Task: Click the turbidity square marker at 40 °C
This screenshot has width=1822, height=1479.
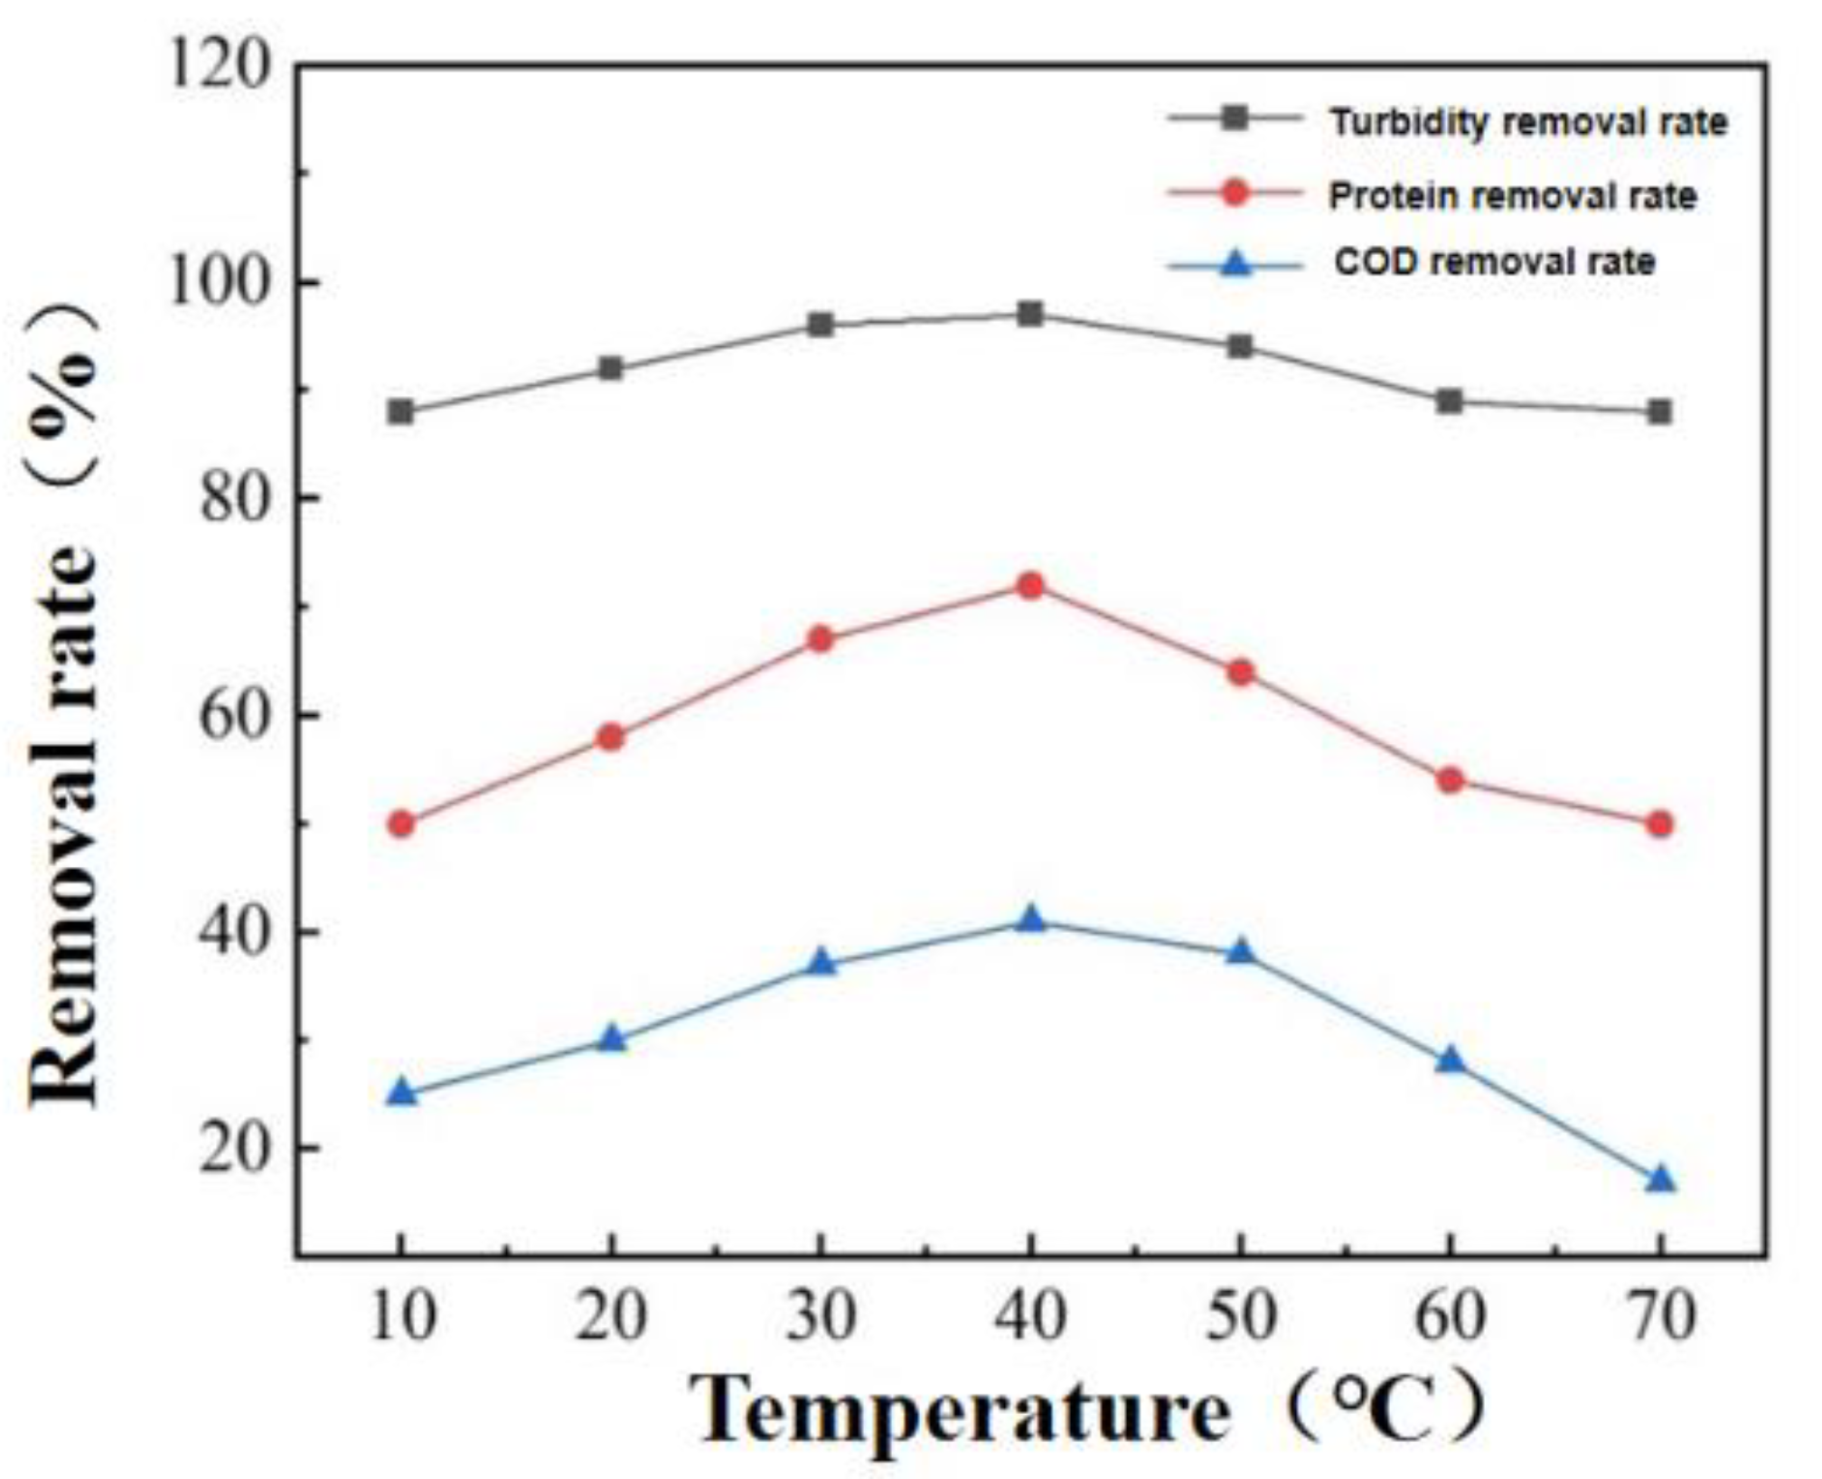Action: (1030, 315)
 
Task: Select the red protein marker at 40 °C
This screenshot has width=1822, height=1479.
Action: (1030, 586)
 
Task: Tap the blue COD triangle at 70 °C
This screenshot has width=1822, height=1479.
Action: (1660, 1180)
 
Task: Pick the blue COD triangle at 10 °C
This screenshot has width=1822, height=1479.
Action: (401, 1094)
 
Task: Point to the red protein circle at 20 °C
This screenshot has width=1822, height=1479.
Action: (611, 738)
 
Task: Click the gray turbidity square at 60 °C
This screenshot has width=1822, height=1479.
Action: (1450, 401)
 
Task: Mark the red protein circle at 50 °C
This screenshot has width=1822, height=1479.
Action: (1241, 673)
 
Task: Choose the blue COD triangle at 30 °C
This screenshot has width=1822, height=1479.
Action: (821, 963)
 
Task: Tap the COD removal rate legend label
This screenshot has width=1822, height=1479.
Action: (1495, 262)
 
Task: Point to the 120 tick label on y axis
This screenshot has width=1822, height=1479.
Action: (220, 68)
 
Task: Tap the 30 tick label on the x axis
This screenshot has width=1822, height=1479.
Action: (821, 1318)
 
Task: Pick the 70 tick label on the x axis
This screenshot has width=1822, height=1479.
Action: (1660, 1318)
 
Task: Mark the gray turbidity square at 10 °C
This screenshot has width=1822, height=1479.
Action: (401, 412)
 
